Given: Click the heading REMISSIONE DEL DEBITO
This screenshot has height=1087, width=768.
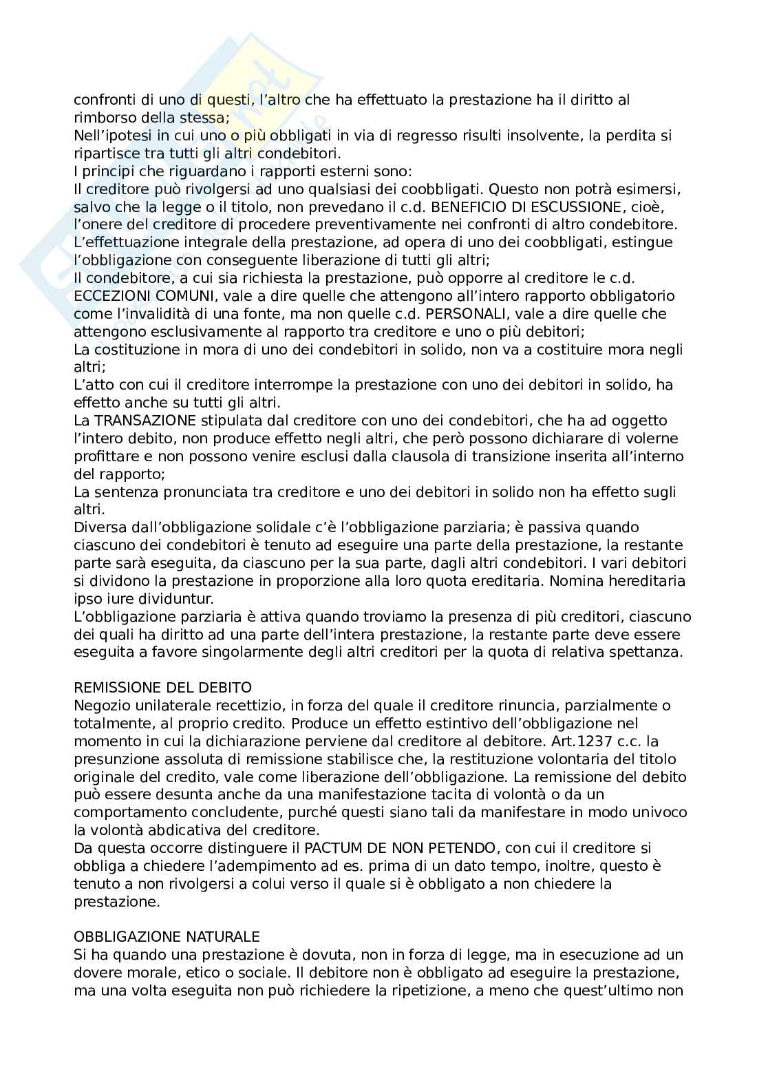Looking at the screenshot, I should tap(162, 688).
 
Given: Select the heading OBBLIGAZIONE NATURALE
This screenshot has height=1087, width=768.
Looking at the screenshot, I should tap(167, 938).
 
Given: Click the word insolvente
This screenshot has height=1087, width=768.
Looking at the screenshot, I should tap(527, 136).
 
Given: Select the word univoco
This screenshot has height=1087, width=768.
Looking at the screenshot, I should tap(661, 812).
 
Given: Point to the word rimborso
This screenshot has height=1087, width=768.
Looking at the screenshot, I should tap(103, 118).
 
